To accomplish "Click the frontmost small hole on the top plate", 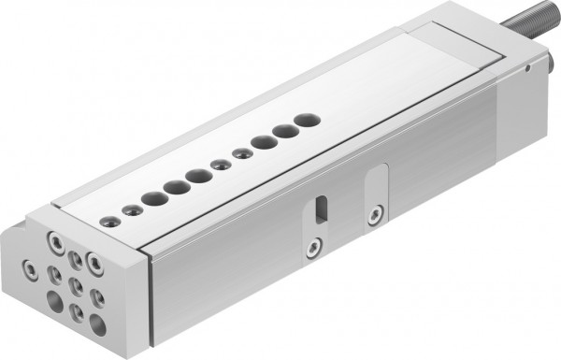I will (x=110, y=221).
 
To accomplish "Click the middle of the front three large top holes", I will (x=172, y=186).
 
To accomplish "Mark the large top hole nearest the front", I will (x=150, y=198).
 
